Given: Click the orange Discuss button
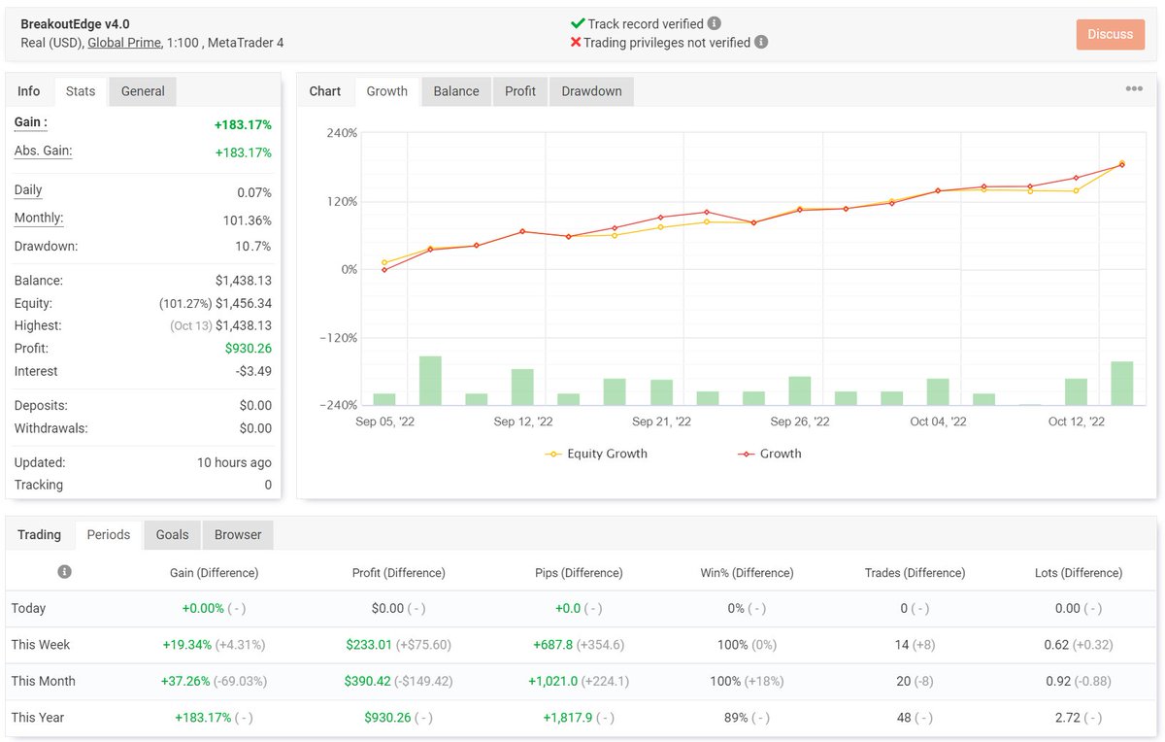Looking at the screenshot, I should [x=1110, y=34].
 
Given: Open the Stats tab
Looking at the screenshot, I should [x=81, y=91].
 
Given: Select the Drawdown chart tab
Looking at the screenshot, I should [x=590, y=91].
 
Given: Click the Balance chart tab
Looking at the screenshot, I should [x=455, y=91].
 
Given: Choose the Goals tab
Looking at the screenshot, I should [x=172, y=535].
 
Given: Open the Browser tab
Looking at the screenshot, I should [x=238, y=535].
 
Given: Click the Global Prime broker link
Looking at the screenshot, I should [x=123, y=43].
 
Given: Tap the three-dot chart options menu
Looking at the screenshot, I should [x=1133, y=89].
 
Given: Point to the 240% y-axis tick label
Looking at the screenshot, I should [x=343, y=133].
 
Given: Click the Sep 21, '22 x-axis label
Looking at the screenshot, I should [x=661, y=422].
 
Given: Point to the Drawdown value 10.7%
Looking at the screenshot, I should [x=253, y=247].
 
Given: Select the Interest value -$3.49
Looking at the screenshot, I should [x=254, y=372].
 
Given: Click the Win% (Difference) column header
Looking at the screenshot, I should [x=746, y=573].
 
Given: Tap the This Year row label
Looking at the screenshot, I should [x=37, y=718].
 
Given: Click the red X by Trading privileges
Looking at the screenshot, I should [x=575, y=43].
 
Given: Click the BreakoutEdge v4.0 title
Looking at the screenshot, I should [x=75, y=24].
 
